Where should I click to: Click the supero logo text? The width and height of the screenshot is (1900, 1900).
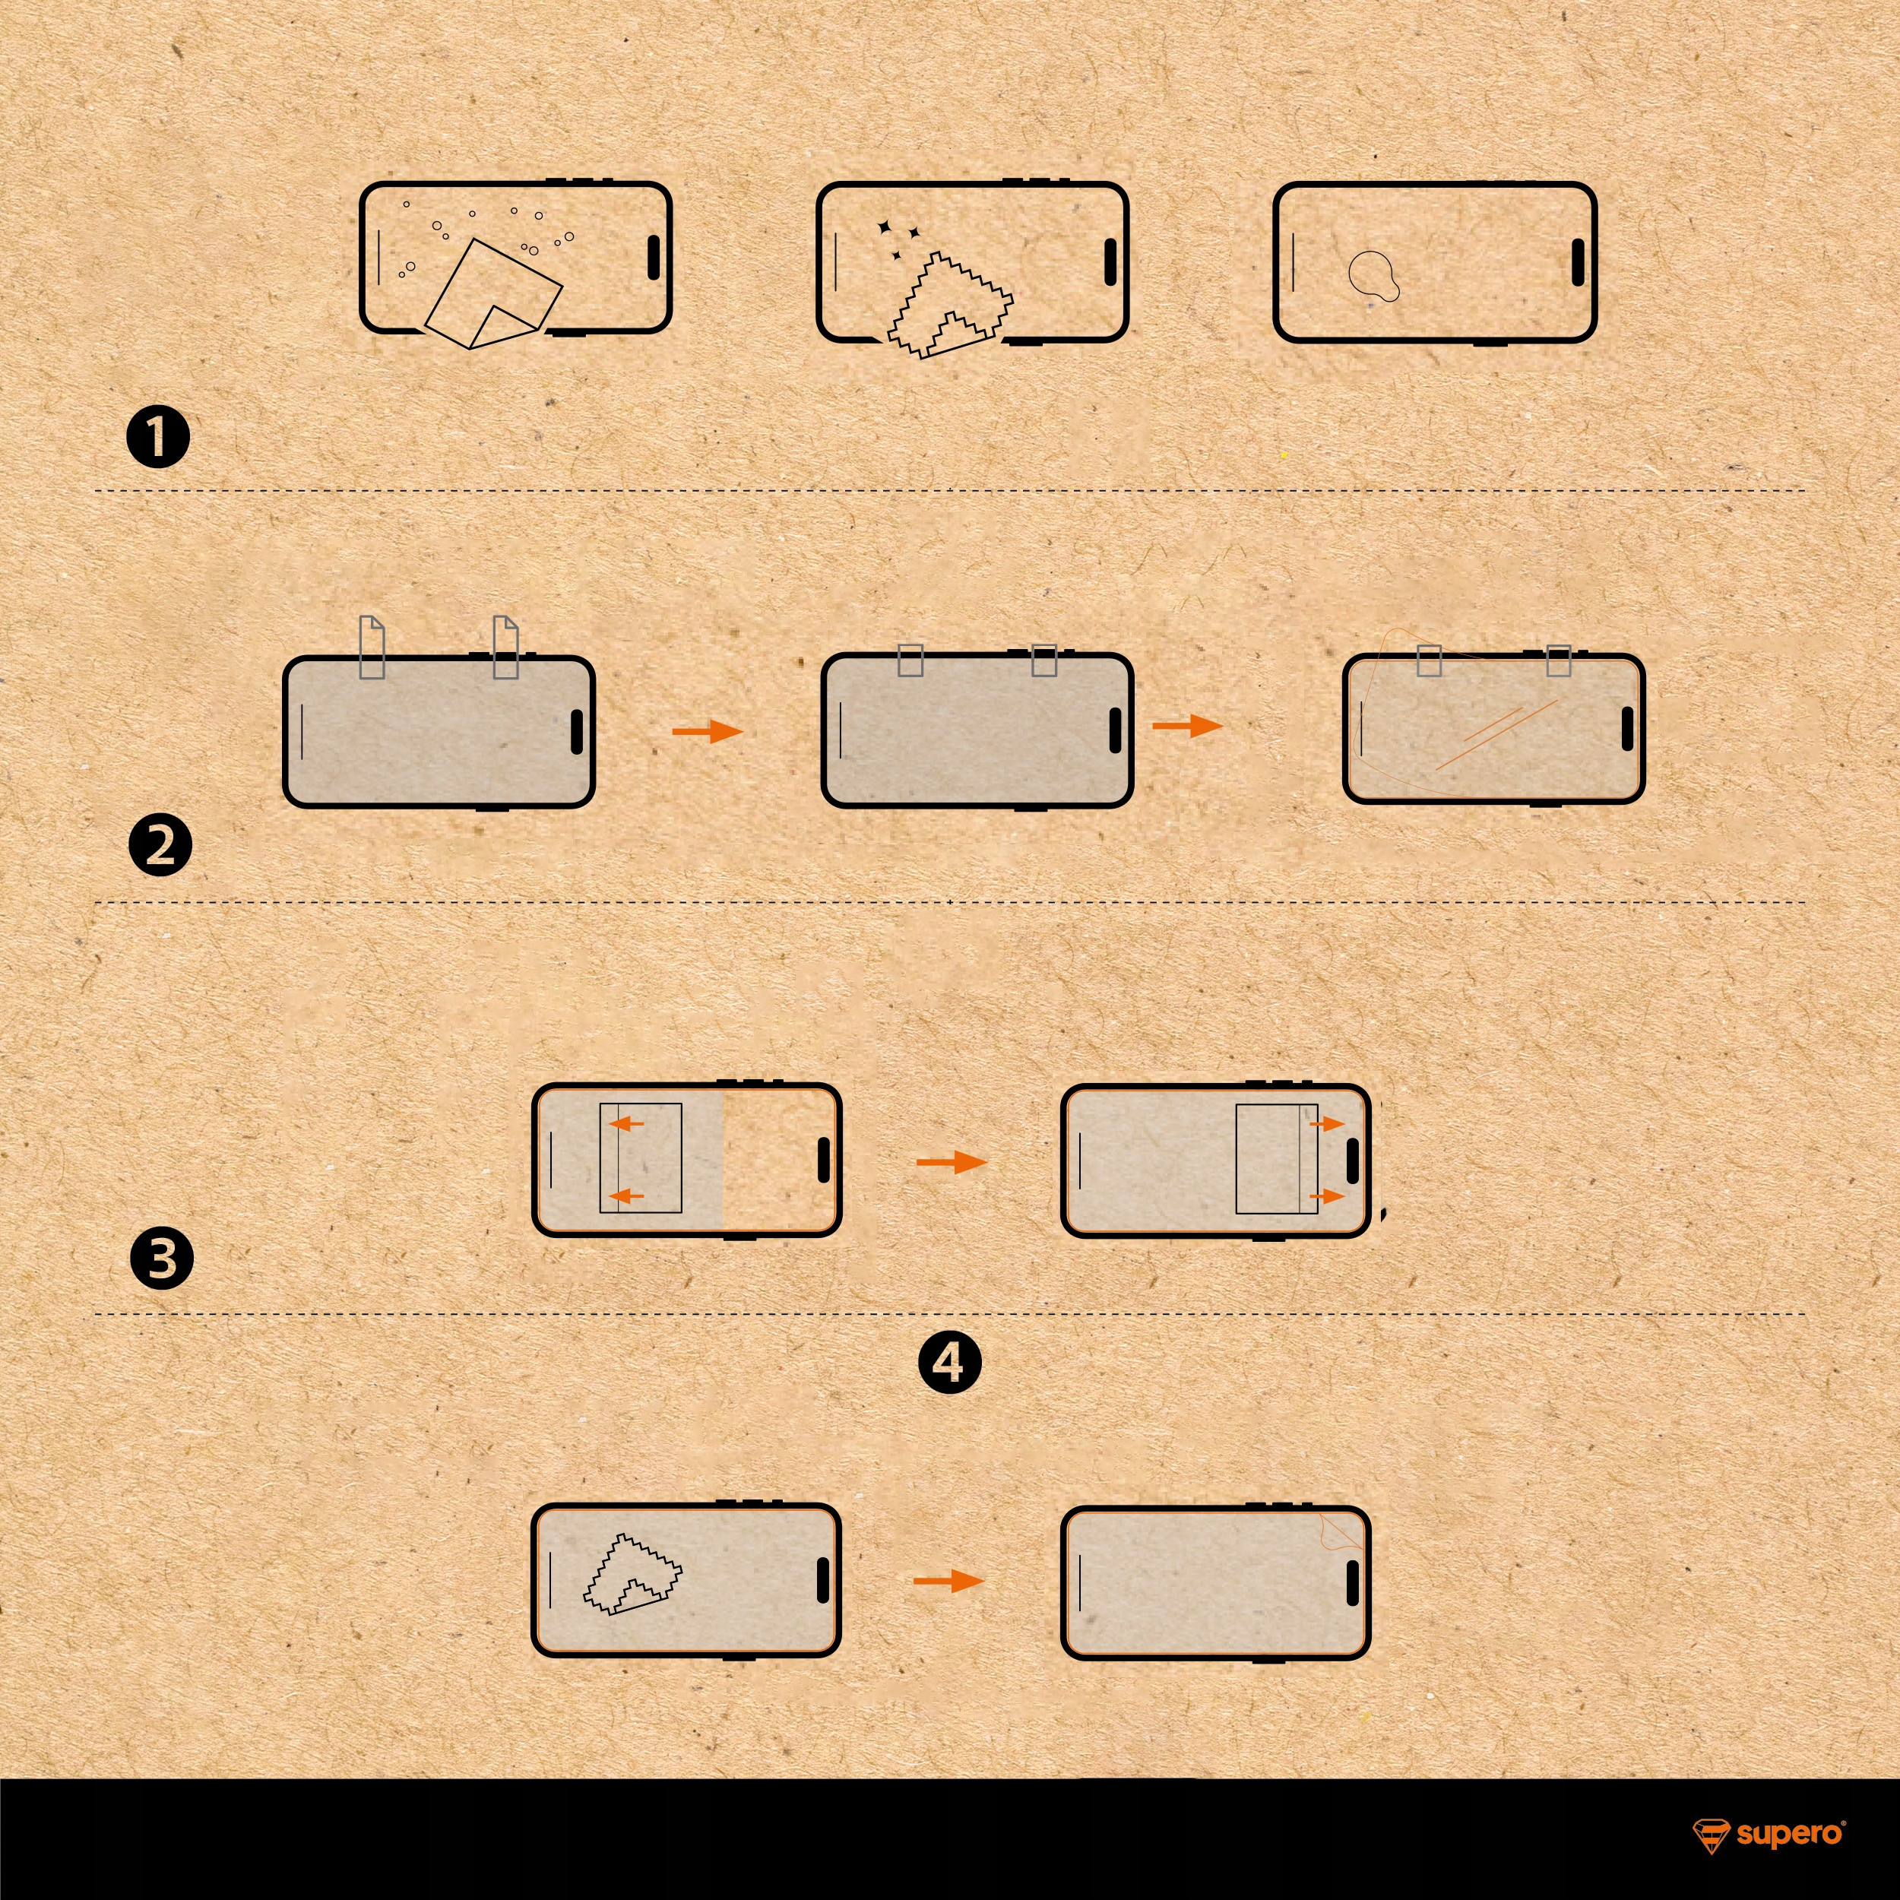[x=1789, y=1834]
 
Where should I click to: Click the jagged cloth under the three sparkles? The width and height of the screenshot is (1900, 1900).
[x=949, y=305]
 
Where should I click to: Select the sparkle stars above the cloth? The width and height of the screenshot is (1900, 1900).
[x=897, y=239]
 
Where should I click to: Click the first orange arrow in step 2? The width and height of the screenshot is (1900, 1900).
[x=707, y=730]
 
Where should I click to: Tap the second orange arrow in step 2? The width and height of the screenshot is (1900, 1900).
[x=1187, y=726]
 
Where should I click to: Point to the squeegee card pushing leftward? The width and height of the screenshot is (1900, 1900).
[x=640, y=1157]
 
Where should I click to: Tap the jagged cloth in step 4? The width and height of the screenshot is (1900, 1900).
[x=632, y=1573]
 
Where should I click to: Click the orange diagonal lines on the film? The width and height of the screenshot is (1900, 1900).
[x=1496, y=733]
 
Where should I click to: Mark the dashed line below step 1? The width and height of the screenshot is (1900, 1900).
[x=950, y=489]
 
